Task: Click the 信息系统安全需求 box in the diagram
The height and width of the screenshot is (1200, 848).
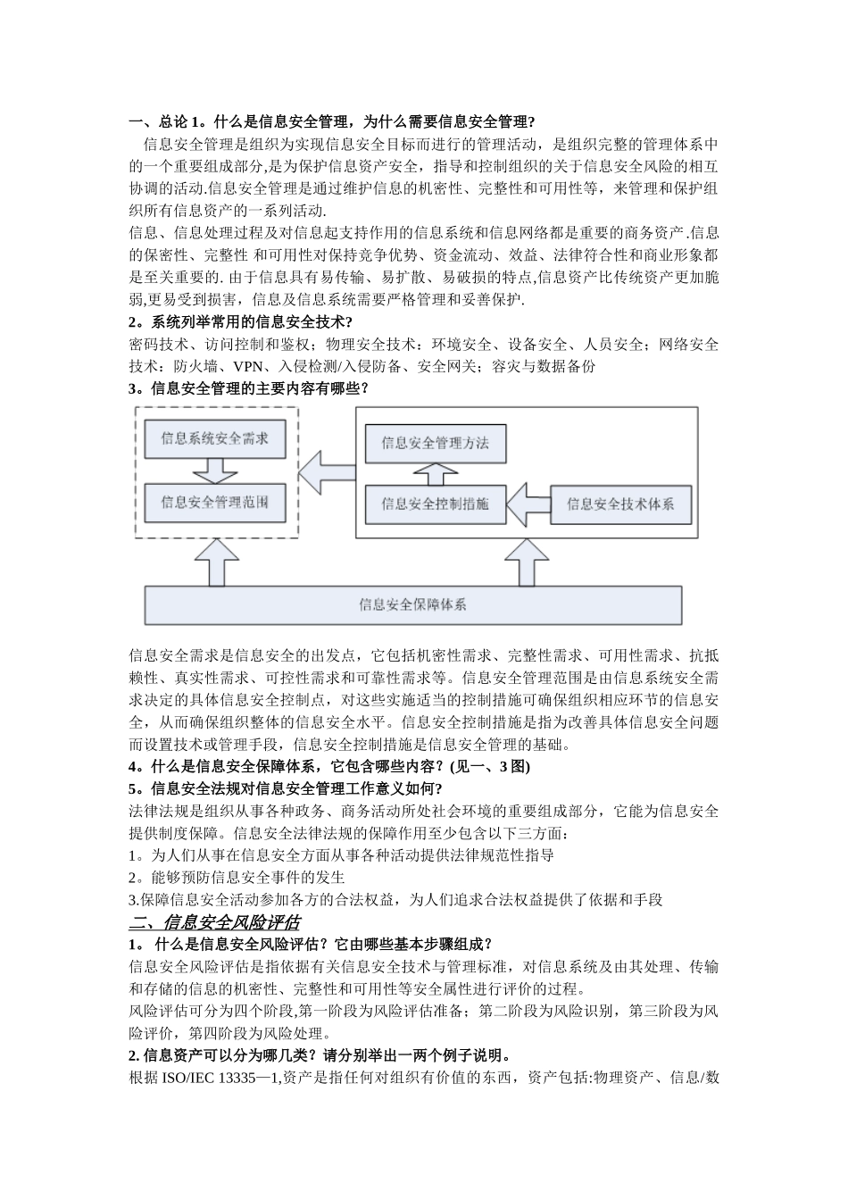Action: pos(214,438)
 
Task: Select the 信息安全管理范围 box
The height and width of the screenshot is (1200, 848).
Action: pos(214,502)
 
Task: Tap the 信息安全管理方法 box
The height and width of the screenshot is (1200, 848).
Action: pos(435,443)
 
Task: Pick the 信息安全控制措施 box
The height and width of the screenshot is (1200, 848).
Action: pos(435,504)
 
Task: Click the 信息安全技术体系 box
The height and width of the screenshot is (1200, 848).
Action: pos(620,504)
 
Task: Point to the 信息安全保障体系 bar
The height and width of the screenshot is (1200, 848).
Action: pos(412,604)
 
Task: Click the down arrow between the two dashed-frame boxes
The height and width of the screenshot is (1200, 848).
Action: pos(214,470)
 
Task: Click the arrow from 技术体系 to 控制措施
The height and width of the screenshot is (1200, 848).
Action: pos(528,504)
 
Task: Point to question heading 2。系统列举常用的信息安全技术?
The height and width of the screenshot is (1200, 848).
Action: pos(240,322)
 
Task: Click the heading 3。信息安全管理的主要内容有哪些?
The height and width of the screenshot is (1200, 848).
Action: pos(248,388)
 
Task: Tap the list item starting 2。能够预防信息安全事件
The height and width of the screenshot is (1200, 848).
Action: pos(237,877)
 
